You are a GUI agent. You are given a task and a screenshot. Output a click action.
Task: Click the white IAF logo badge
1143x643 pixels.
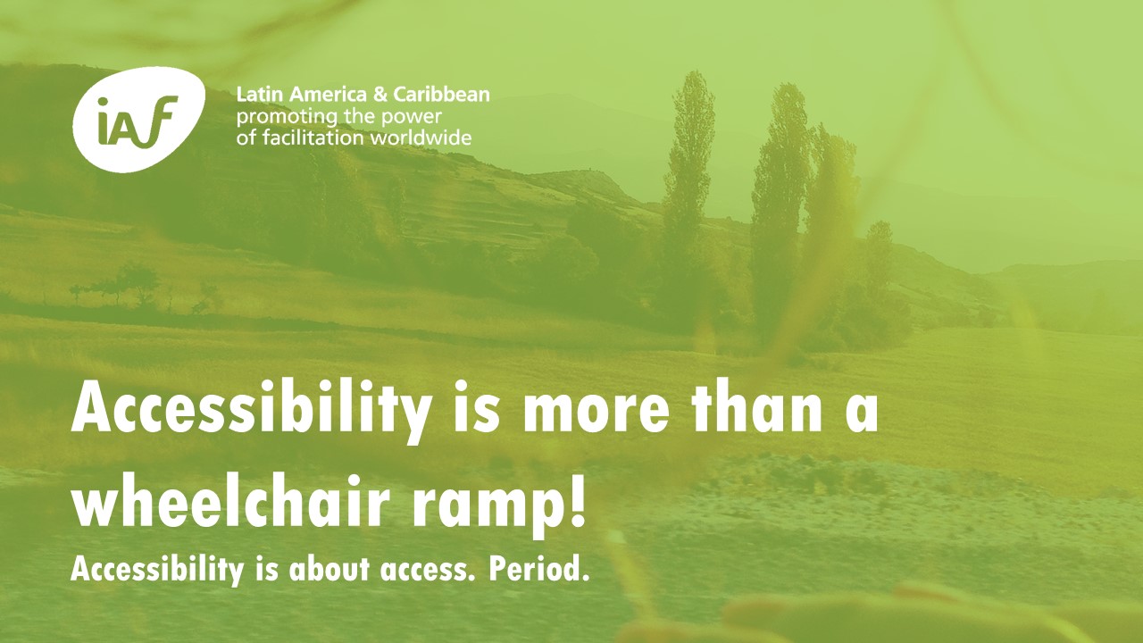[138, 120]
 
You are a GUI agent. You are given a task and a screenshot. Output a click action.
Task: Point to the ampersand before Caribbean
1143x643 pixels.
[380, 95]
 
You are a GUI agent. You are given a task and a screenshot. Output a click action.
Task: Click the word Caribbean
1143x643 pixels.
[441, 95]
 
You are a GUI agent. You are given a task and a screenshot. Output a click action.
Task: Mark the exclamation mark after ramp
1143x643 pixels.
[576, 502]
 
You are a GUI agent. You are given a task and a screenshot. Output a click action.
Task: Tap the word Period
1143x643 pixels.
[538, 569]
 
